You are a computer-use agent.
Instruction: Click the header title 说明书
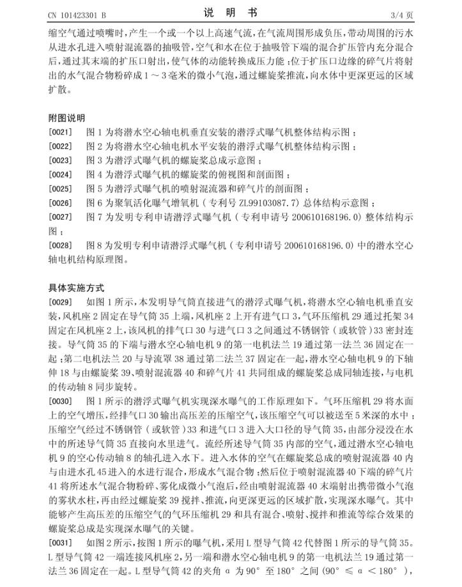pyautogui.click(x=231, y=12)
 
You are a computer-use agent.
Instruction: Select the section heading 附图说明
pyautogui.click(x=66, y=118)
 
